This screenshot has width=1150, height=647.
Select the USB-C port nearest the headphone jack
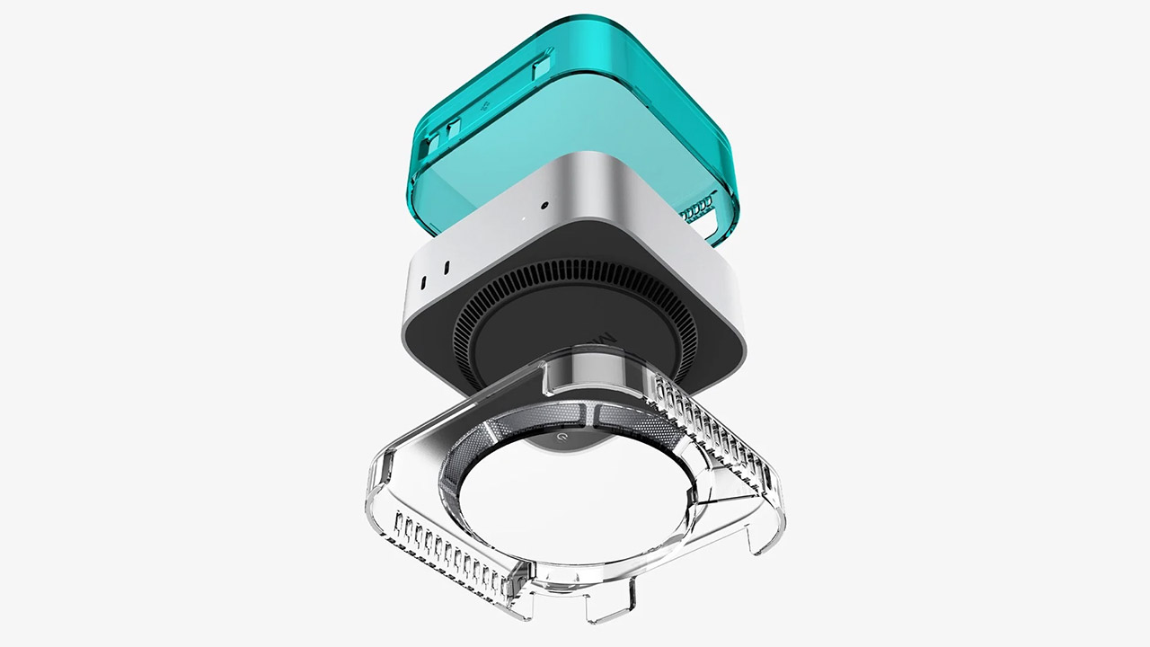pos(446,267)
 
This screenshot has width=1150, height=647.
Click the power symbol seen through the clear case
pos(561,435)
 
